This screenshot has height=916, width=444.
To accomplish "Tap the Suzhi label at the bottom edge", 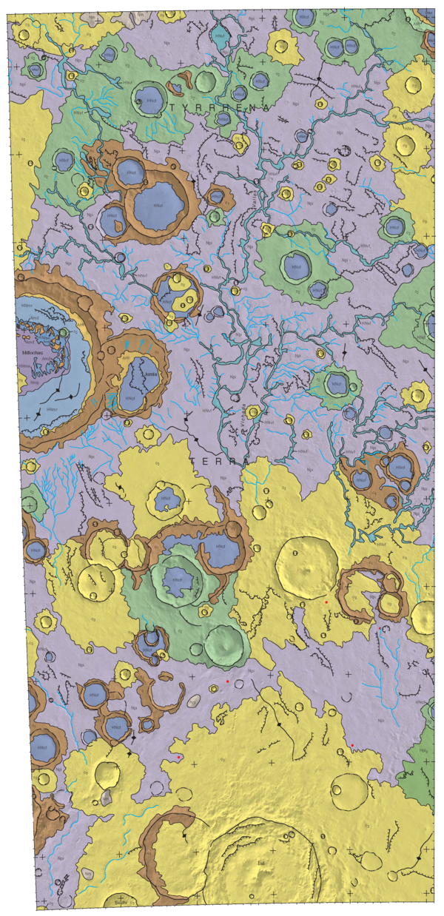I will point(119,903).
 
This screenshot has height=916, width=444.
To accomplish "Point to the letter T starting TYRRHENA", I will point(173,108).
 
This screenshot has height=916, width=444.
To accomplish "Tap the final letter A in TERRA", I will point(247,461).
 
